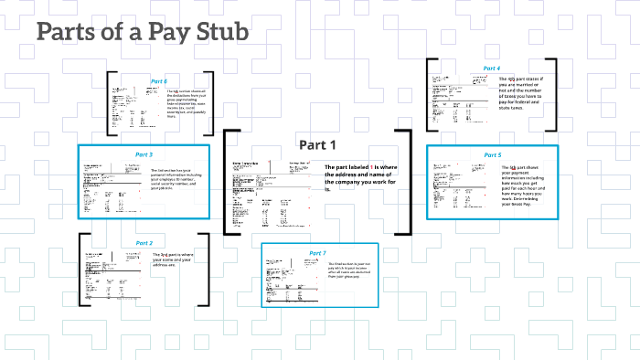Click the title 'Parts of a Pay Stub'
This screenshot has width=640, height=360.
click(x=142, y=33)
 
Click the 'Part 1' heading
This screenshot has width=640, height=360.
click(x=318, y=144)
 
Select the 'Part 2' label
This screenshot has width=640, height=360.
click(x=144, y=243)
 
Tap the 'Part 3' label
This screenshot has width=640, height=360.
click(x=144, y=154)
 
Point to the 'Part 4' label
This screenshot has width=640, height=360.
click(x=492, y=69)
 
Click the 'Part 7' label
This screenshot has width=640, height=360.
click(x=317, y=252)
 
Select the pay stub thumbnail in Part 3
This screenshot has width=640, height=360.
click(x=110, y=187)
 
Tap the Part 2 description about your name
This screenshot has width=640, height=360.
click(x=174, y=259)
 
